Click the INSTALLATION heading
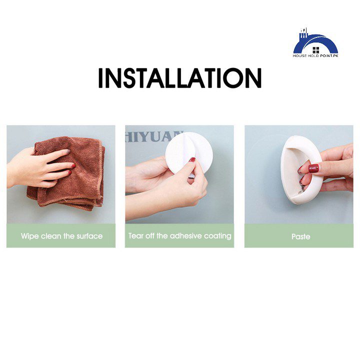180,78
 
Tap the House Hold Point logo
315,43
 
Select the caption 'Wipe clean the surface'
61,236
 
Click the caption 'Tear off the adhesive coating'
180,236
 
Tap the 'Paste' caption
301,236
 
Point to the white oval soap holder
301,169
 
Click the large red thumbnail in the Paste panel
313,168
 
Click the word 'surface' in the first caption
89,236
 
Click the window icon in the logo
316,50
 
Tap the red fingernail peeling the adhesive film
192,159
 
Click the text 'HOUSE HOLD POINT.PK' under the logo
315,55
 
